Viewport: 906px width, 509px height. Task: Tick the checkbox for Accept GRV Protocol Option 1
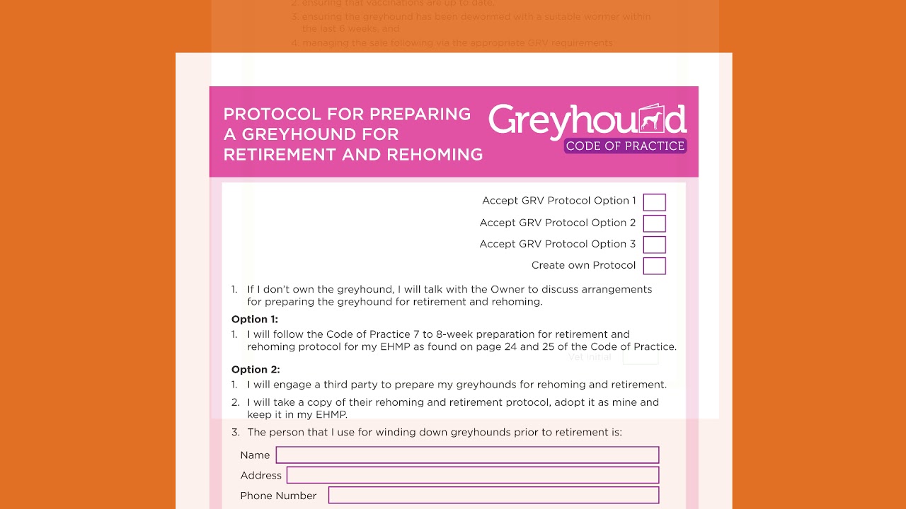[x=654, y=202]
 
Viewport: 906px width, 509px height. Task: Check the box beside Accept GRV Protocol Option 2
[x=654, y=223]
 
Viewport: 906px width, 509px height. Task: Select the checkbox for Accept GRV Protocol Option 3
[x=654, y=245]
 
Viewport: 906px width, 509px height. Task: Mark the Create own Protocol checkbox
[x=654, y=266]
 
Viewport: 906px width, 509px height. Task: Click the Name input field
[x=467, y=455]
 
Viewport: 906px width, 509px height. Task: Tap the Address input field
[x=472, y=475]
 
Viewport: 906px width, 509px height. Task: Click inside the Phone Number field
[x=493, y=496]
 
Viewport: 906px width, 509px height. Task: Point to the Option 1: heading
[x=255, y=320]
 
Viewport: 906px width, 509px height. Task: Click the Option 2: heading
[x=256, y=370]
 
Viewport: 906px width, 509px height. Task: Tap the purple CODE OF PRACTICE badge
[x=625, y=146]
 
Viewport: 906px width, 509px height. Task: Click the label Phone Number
[x=278, y=496]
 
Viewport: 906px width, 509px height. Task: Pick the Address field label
[x=260, y=475]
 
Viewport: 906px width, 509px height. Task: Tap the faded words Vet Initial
[x=590, y=357]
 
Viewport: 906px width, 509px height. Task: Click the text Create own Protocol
[x=583, y=266]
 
